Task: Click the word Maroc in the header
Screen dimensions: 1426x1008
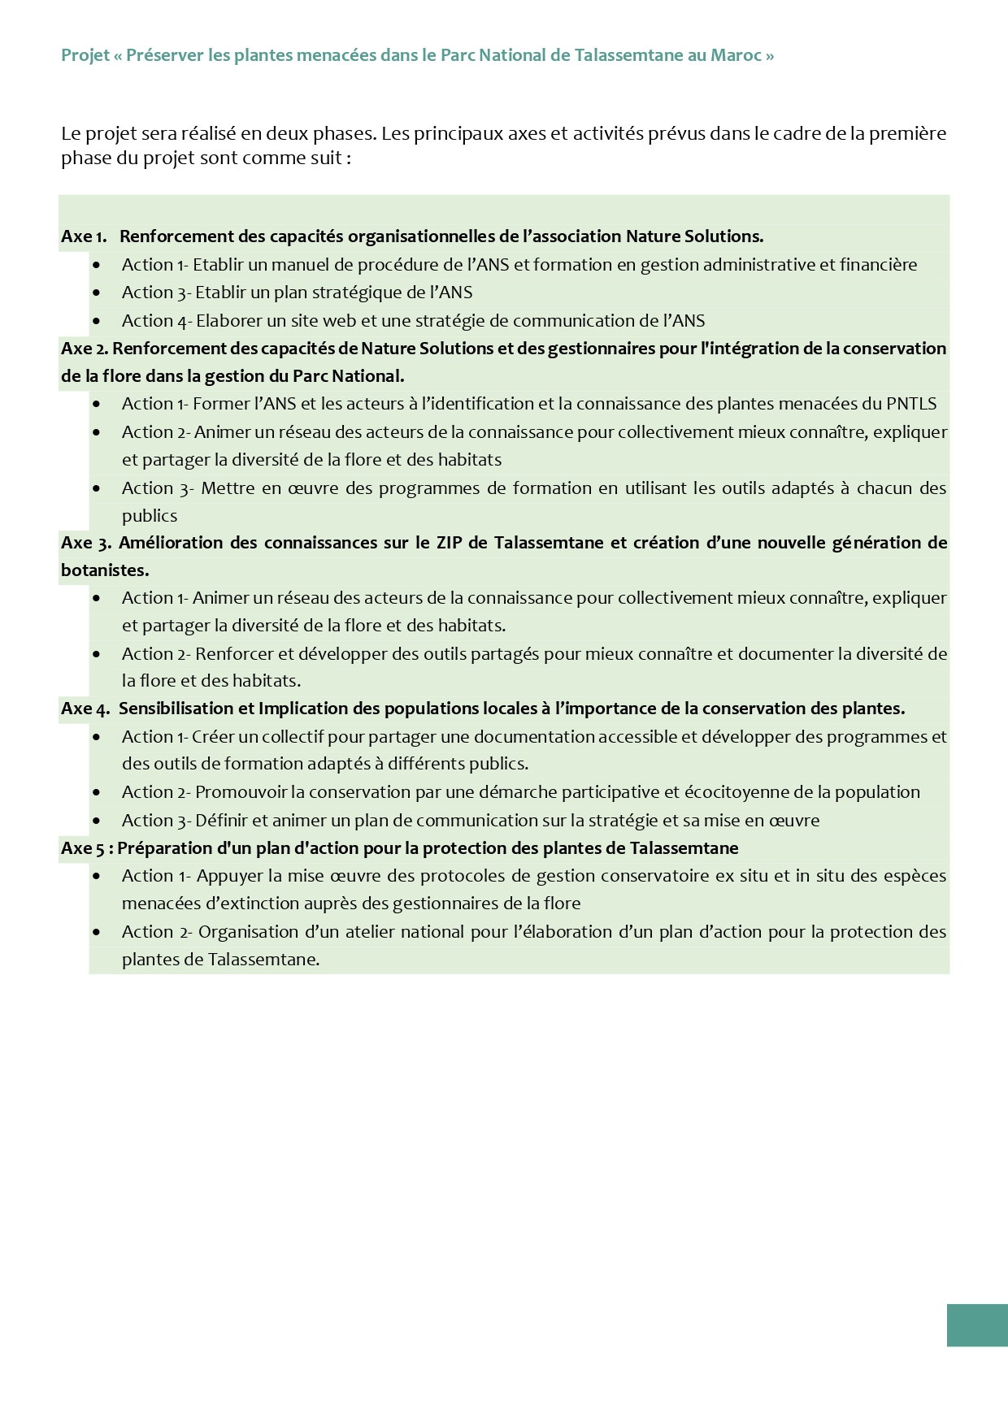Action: point(736,55)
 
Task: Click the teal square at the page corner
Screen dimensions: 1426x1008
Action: point(977,1325)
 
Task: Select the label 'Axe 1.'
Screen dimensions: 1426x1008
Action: point(84,236)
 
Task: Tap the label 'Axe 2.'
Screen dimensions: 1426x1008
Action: point(84,349)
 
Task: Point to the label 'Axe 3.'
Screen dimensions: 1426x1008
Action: point(85,543)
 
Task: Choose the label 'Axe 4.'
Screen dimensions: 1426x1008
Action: point(85,709)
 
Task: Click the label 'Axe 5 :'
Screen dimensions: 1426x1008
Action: point(87,848)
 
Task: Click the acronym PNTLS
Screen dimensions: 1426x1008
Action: point(911,404)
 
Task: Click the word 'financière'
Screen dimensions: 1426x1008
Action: point(879,265)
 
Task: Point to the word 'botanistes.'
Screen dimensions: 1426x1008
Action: point(105,570)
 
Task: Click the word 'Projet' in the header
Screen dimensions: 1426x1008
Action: point(85,55)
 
